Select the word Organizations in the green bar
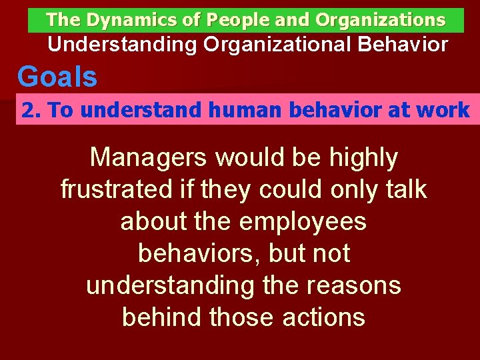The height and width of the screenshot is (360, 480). point(380,20)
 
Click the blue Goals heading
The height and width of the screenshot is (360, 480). point(57,77)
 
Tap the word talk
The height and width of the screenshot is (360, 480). point(403,190)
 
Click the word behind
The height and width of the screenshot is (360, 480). point(162,317)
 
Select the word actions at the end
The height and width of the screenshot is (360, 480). point(323,317)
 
